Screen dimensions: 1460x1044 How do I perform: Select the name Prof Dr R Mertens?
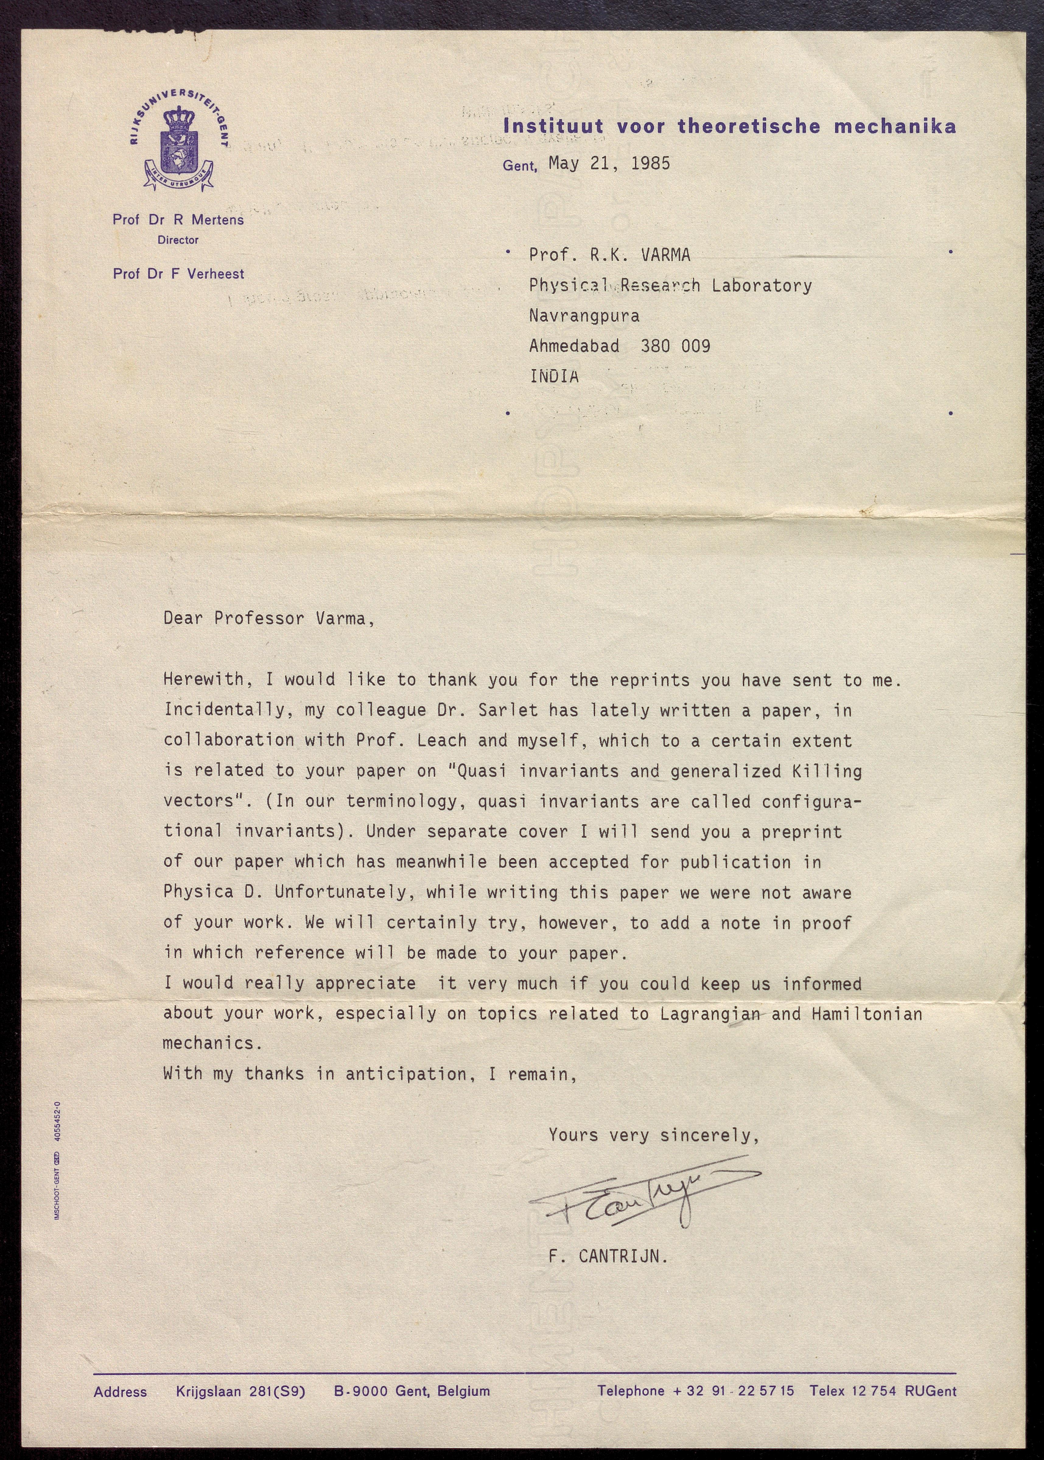tap(178, 220)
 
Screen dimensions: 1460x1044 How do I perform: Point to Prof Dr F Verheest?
tap(178, 274)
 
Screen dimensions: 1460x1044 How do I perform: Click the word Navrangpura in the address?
tap(584, 316)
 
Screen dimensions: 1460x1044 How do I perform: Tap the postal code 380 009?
tap(675, 347)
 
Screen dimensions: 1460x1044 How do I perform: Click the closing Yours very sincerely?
tap(653, 1135)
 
